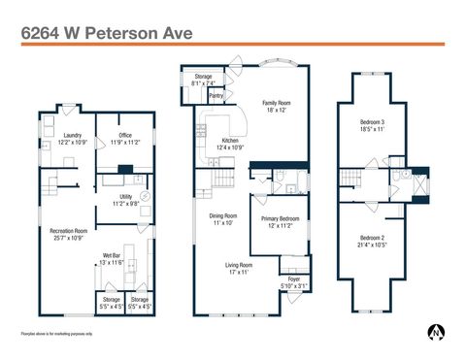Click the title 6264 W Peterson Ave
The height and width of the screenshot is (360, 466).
(x=107, y=32)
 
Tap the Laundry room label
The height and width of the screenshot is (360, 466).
(x=72, y=135)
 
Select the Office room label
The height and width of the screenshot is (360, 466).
(x=125, y=135)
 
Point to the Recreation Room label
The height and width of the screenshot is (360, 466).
(x=69, y=230)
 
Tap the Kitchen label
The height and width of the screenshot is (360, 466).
(x=230, y=142)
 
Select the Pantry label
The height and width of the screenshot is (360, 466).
(x=216, y=96)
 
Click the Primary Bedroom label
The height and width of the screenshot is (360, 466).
(x=280, y=219)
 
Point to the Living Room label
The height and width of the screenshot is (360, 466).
(x=239, y=265)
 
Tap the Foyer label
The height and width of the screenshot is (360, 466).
(x=293, y=280)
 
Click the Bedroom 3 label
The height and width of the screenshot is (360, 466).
(x=374, y=121)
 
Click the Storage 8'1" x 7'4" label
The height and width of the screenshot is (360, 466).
(x=204, y=79)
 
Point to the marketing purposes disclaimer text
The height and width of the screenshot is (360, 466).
(x=57, y=334)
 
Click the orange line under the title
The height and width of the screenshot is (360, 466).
(x=233, y=44)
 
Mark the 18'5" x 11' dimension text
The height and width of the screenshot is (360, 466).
(x=374, y=128)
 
